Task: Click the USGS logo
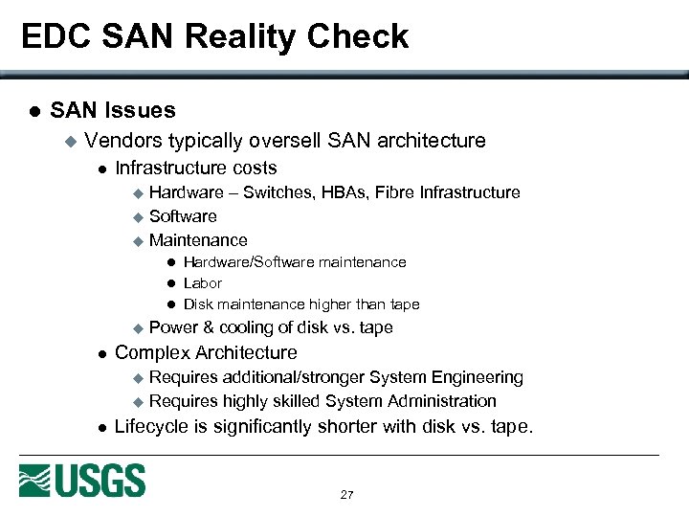pyautogui.click(x=82, y=480)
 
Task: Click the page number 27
pyautogui.click(x=346, y=495)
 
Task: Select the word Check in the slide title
pyautogui.click(x=366, y=36)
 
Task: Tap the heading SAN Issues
pyautogui.click(x=113, y=111)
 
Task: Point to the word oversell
pyautogui.click(x=285, y=141)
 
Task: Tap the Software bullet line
pyautogui.click(x=183, y=216)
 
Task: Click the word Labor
pyautogui.click(x=202, y=283)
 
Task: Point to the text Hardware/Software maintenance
pyautogui.click(x=295, y=262)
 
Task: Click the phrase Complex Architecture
pyautogui.click(x=206, y=352)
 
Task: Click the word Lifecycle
pyautogui.click(x=150, y=426)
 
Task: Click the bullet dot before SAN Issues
pyautogui.click(x=33, y=112)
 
